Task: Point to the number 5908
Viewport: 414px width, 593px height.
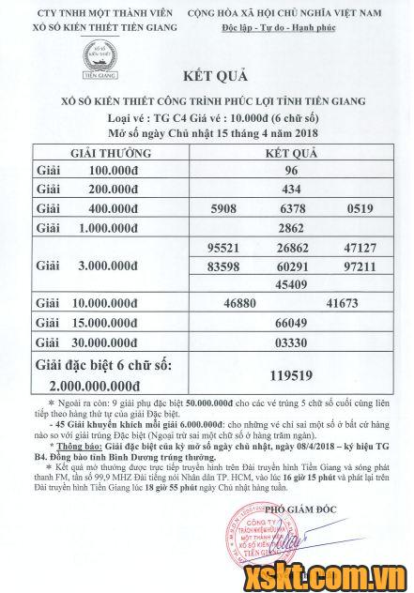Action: click(230, 208)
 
